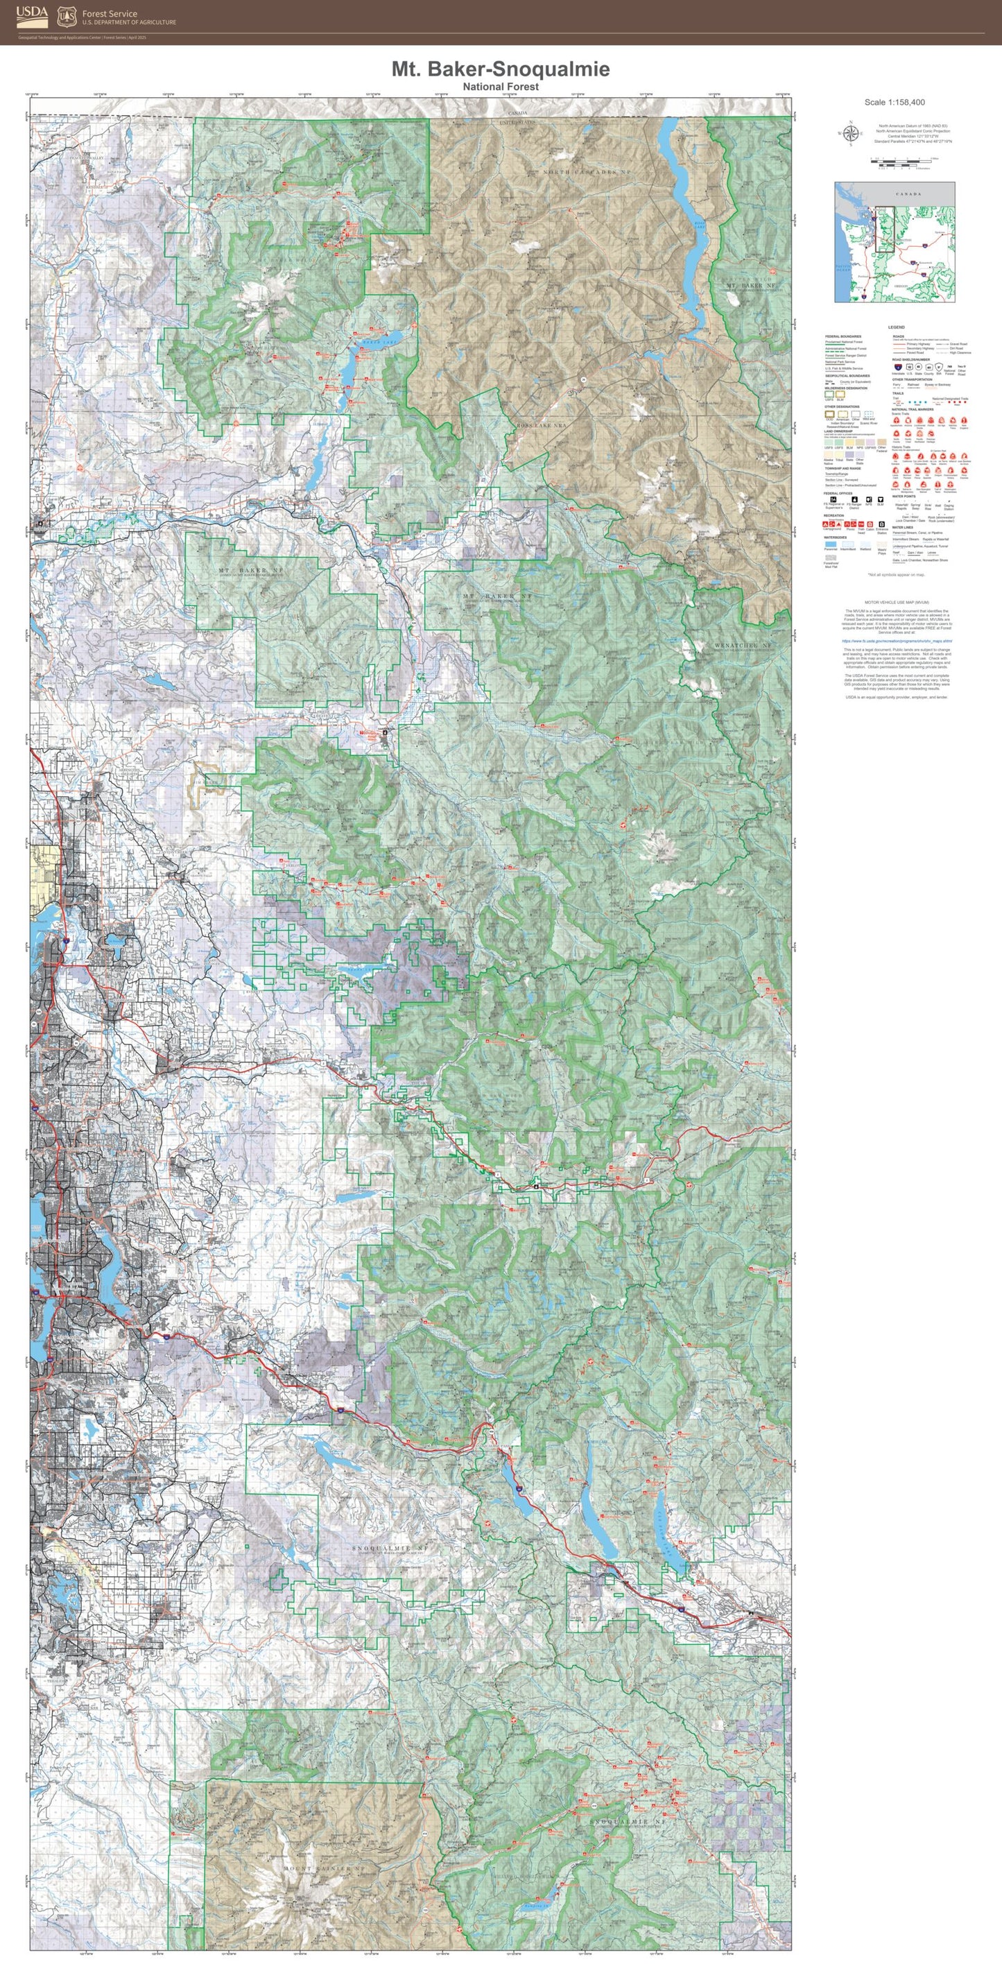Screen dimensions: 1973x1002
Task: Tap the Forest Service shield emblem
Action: pyautogui.click(x=67, y=15)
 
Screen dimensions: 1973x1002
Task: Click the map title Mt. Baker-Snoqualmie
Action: pyautogui.click(x=500, y=69)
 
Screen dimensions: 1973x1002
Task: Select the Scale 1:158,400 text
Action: pyautogui.click(x=894, y=102)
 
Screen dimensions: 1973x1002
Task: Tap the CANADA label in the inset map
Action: pyautogui.click(x=908, y=193)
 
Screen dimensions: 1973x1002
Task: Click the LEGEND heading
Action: pyautogui.click(x=895, y=327)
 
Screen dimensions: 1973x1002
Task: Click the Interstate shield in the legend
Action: pyautogui.click(x=897, y=368)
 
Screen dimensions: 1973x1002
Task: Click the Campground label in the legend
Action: pyautogui.click(x=832, y=528)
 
